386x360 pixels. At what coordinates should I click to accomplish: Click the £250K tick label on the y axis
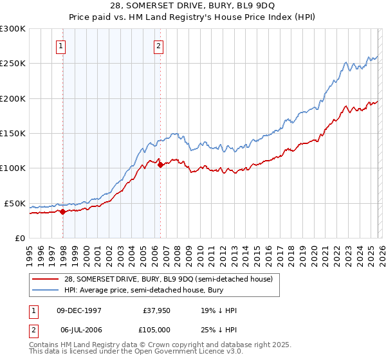(13, 64)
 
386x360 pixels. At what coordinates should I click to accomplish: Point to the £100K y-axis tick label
(13, 168)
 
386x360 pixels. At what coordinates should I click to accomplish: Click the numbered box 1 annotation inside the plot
(60, 46)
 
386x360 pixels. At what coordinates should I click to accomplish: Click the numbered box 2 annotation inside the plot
(158, 46)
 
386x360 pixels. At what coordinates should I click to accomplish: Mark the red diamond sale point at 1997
(62, 212)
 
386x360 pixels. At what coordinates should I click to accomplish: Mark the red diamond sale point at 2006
(160, 165)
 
